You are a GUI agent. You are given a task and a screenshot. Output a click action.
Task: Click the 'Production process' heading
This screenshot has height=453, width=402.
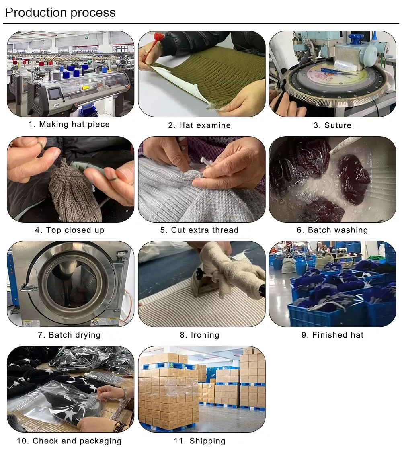point(60,13)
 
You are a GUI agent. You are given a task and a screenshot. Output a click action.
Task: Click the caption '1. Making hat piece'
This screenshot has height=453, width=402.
point(69,125)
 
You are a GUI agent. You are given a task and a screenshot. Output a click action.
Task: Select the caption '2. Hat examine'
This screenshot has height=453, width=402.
point(199,125)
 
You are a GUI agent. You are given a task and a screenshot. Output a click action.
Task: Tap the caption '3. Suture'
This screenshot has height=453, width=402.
point(332,125)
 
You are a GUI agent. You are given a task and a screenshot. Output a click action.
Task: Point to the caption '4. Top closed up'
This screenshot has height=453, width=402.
point(70,230)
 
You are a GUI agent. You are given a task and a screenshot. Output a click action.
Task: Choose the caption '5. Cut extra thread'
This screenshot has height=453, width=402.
point(199,230)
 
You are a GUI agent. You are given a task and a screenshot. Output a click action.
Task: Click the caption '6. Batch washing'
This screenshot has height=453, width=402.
point(332,230)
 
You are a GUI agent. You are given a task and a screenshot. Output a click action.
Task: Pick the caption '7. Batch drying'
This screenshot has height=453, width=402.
point(69,335)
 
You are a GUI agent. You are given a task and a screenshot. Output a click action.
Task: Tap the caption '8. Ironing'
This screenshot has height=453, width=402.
point(199,335)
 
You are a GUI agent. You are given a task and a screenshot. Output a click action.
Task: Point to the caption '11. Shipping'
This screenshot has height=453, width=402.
point(199,441)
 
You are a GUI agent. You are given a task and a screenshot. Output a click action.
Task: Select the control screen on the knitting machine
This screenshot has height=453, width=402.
point(55,94)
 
